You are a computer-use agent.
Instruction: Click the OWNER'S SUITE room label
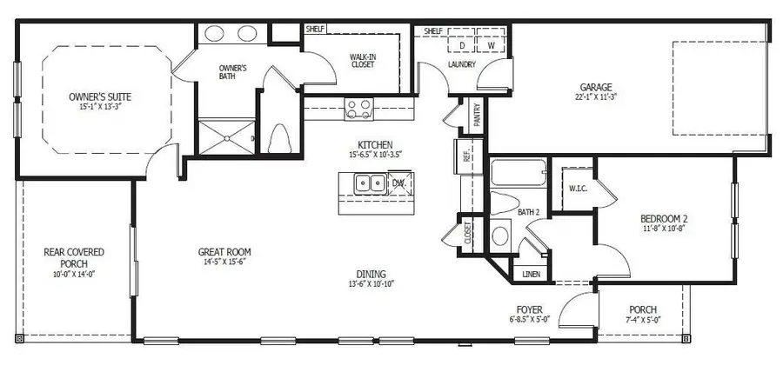(x=99, y=96)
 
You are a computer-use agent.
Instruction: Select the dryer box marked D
(x=463, y=45)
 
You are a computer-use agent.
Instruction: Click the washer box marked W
(x=491, y=45)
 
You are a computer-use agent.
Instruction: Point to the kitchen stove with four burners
(x=358, y=108)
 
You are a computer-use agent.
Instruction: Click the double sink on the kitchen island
(x=370, y=183)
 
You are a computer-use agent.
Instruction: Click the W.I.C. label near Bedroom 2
(x=577, y=188)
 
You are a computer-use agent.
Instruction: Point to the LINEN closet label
(x=531, y=274)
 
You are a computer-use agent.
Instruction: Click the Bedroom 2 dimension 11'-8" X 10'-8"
(x=665, y=229)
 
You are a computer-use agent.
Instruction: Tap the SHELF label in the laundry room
(x=432, y=31)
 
